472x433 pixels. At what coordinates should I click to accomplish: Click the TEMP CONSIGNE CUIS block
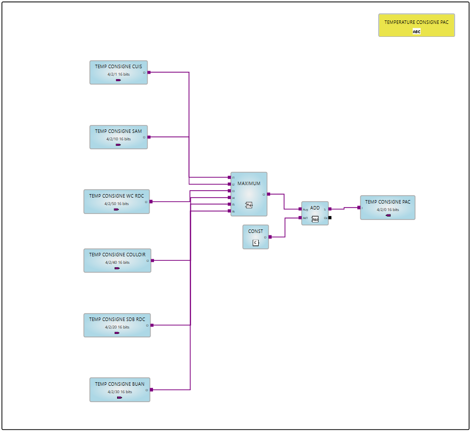point(119,72)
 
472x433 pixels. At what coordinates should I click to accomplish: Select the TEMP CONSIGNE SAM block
point(119,137)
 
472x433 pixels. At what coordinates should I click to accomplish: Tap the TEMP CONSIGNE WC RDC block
point(117,201)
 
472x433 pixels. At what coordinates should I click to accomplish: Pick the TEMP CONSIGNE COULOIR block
point(117,260)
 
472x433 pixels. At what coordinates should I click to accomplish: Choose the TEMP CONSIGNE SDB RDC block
point(117,325)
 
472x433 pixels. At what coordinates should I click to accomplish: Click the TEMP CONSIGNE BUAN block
point(120,389)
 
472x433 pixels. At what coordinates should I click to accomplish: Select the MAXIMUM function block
point(249,194)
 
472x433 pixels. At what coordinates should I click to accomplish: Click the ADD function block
point(315,213)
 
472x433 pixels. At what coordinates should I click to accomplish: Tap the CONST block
point(256,236)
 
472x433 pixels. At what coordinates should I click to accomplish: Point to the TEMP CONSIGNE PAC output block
point(388,207)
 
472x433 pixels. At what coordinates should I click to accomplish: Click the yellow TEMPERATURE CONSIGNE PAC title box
point(416,25)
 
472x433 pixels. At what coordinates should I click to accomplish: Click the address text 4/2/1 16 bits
point(119,74)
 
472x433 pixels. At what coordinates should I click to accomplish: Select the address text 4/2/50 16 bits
point(117,204)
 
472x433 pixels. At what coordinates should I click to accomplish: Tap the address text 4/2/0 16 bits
point(388,210)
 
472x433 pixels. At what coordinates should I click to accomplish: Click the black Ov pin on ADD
point(330,217)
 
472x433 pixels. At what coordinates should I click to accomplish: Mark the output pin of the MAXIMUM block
point(269,194)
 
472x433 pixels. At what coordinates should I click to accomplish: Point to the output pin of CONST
point(270,237)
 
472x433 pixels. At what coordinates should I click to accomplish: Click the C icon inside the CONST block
point(256,242)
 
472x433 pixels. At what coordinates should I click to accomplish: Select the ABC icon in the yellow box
point(417,31)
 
